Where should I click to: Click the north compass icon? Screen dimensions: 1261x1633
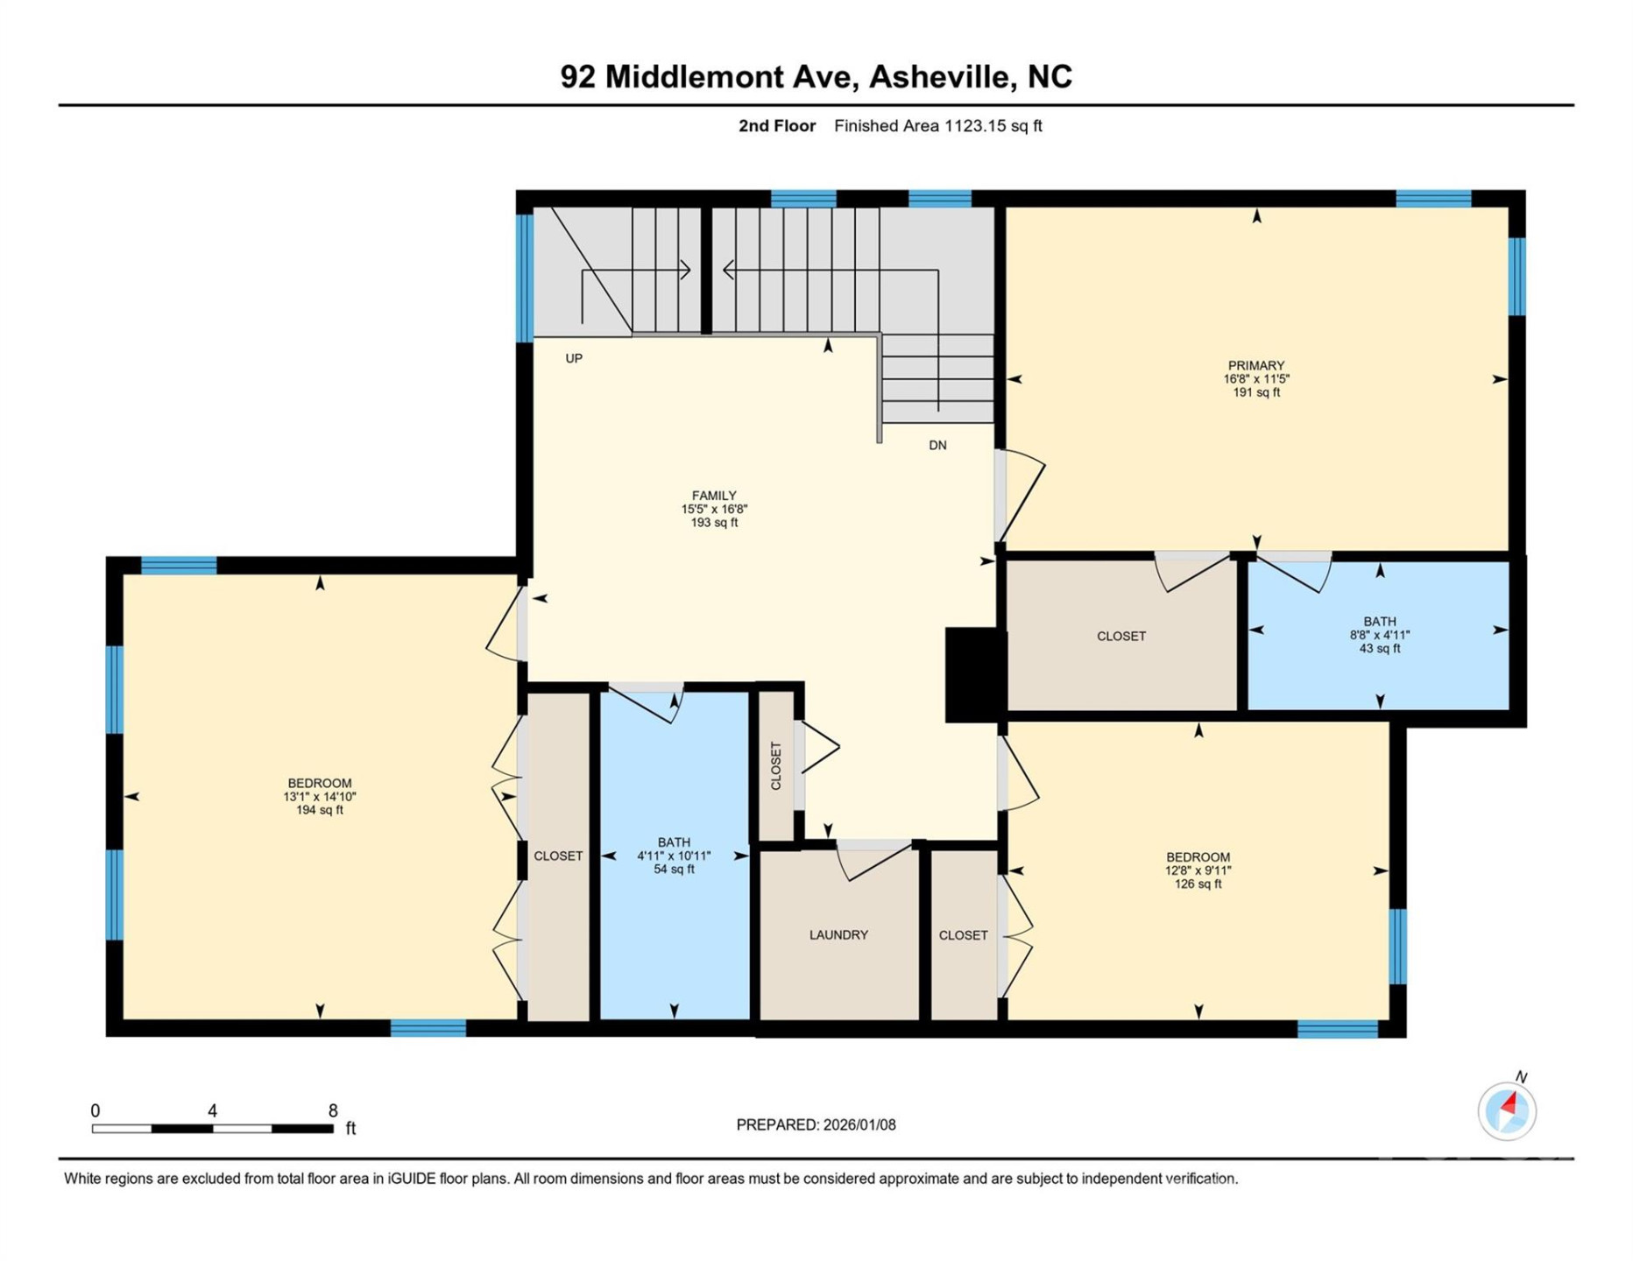pyautogui.click(x=1507, y=1110)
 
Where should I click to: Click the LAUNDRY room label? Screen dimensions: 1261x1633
pyautogui.click(x=838, y=935)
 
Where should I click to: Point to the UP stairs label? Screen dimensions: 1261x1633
pyautogui.click(x=574, y=358)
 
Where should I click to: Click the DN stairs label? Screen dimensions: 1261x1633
pyautogui.click(x=937, y=445)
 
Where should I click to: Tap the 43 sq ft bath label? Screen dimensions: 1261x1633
pyautogui.click(x=1379, y=635)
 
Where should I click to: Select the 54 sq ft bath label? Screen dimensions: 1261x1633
pyautogui.click(x=674, y=856)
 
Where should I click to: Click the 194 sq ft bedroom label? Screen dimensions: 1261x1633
pyautogui.click(x=319, y=796)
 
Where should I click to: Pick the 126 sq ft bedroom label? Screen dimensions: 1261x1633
pyautogui.click(x=1198, y=870)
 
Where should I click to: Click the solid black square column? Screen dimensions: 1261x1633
pyautogui.click(x=973, y=674)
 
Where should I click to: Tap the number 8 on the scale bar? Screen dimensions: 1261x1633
pyautogui.click(x=333, y=1110)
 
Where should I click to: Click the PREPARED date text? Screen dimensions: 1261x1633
pyautogui.click(x=816, y=1124)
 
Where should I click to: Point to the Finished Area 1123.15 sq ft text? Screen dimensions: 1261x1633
pyautogui.click(x=937, y=126)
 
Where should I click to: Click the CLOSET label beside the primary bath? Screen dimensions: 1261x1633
pyautogui.click(x=1120, y=637)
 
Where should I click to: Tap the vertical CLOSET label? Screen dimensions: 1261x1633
pyautogui.click(x=775, y=766)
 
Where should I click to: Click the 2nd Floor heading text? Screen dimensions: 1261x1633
pyautogui.click(x=776, y=126)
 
